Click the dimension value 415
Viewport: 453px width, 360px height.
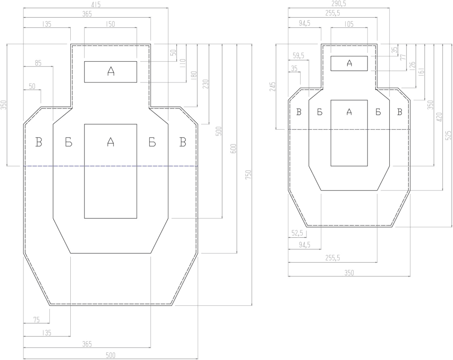tap(96, 4)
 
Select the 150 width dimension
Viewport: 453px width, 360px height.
tap(110, 24)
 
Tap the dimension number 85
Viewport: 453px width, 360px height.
tap(38, 63)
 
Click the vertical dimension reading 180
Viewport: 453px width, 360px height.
tap(194, 75)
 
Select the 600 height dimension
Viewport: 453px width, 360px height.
tap(233, 148)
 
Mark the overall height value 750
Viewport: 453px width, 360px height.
tap(249, 174)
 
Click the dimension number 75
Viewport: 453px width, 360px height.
tap(36, 320)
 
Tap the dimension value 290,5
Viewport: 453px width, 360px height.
tap(339, 4)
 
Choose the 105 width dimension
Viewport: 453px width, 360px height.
tap(349, 24)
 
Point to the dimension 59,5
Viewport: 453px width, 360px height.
tap(298, 56)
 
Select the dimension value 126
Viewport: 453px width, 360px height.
tap(413, 66)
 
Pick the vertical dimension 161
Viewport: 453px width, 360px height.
tap(422, 72)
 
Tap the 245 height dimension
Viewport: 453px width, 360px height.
tap(273, 87)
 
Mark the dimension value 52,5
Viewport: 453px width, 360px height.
tap(297, 233)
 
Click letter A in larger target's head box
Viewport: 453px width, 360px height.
tap(111, 71)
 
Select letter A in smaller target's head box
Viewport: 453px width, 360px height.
tap(349, 63)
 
